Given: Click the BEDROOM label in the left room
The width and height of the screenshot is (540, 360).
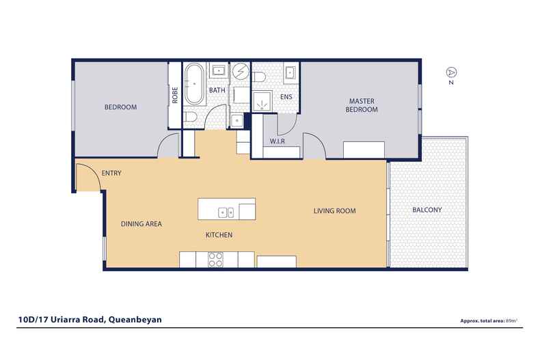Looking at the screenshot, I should [x=120, y=107].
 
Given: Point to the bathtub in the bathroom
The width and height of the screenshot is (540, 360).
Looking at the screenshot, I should [x=193, y=85].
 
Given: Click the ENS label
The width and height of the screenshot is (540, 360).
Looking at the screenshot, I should [x=286, y=97].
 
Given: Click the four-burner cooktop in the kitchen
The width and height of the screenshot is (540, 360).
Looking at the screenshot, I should [x=216, y=260].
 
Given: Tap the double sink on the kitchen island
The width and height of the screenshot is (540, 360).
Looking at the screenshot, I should [x=226, y=212].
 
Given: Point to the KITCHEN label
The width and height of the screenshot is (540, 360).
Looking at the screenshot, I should [x=219, y=235].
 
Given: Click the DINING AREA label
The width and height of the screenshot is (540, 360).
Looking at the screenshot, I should [x=141, y=223].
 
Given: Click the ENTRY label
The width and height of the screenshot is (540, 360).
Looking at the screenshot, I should [x=111, y=174].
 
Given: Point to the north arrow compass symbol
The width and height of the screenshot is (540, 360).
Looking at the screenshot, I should [x=450, y=72].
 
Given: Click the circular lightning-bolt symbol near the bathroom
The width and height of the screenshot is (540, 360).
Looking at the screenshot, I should [x=240, y=71].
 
